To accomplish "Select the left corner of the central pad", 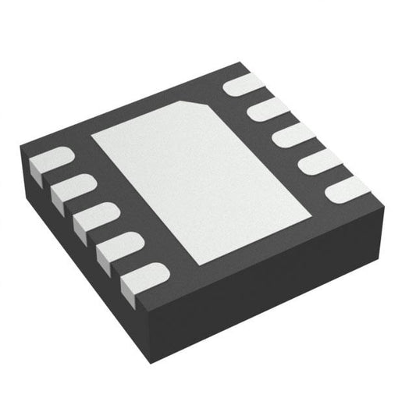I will (92, 136).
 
